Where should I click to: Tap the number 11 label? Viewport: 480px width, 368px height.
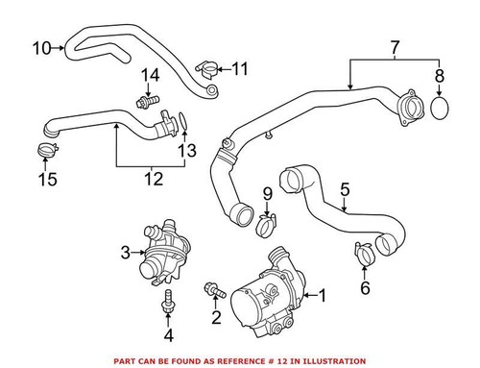tap(239, 68)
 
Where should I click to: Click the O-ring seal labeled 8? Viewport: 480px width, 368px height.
tap(442, 107)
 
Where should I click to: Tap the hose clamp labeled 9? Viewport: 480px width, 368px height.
tap(268, 227)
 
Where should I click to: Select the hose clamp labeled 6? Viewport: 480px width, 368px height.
tap(364, 254)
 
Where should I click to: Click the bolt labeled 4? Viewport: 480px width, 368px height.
tap(168, 300)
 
